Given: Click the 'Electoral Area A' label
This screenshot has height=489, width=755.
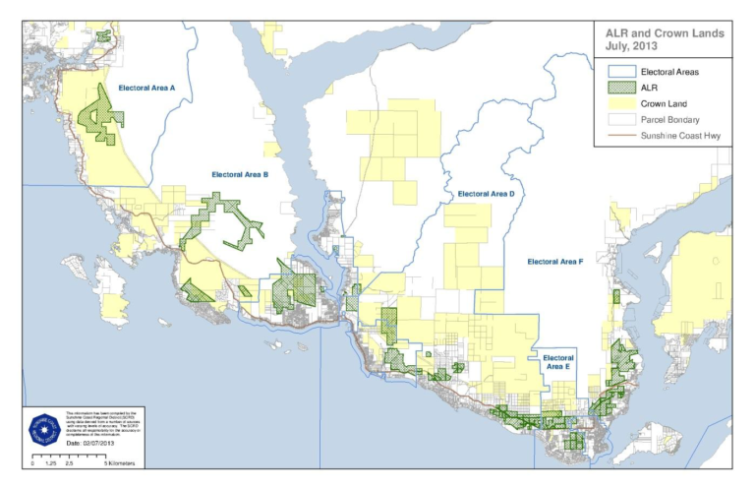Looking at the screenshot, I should pos(146,89).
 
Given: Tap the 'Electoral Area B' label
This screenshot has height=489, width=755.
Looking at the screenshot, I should pos(240,174).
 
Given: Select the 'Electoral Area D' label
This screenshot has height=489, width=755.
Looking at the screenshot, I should pos(486,194).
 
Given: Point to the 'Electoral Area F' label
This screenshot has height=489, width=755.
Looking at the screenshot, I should pos(555,262).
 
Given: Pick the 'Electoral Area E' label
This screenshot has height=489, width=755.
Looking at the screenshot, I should pos(557,361).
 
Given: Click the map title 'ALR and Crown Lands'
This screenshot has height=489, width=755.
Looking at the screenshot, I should pos(665,32).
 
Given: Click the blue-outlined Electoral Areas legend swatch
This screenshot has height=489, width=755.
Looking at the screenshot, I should pos(615,72).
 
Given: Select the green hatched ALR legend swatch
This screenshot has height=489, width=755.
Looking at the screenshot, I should pos(615,88).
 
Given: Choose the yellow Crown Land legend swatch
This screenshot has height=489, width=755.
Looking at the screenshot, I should pos(615,103).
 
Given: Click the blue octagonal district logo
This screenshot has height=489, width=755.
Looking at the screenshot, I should pos(43,426).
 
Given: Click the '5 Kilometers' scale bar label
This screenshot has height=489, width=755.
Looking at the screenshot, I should pos(119,462).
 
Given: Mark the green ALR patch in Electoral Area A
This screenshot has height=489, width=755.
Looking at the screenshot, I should pos(99,112).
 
